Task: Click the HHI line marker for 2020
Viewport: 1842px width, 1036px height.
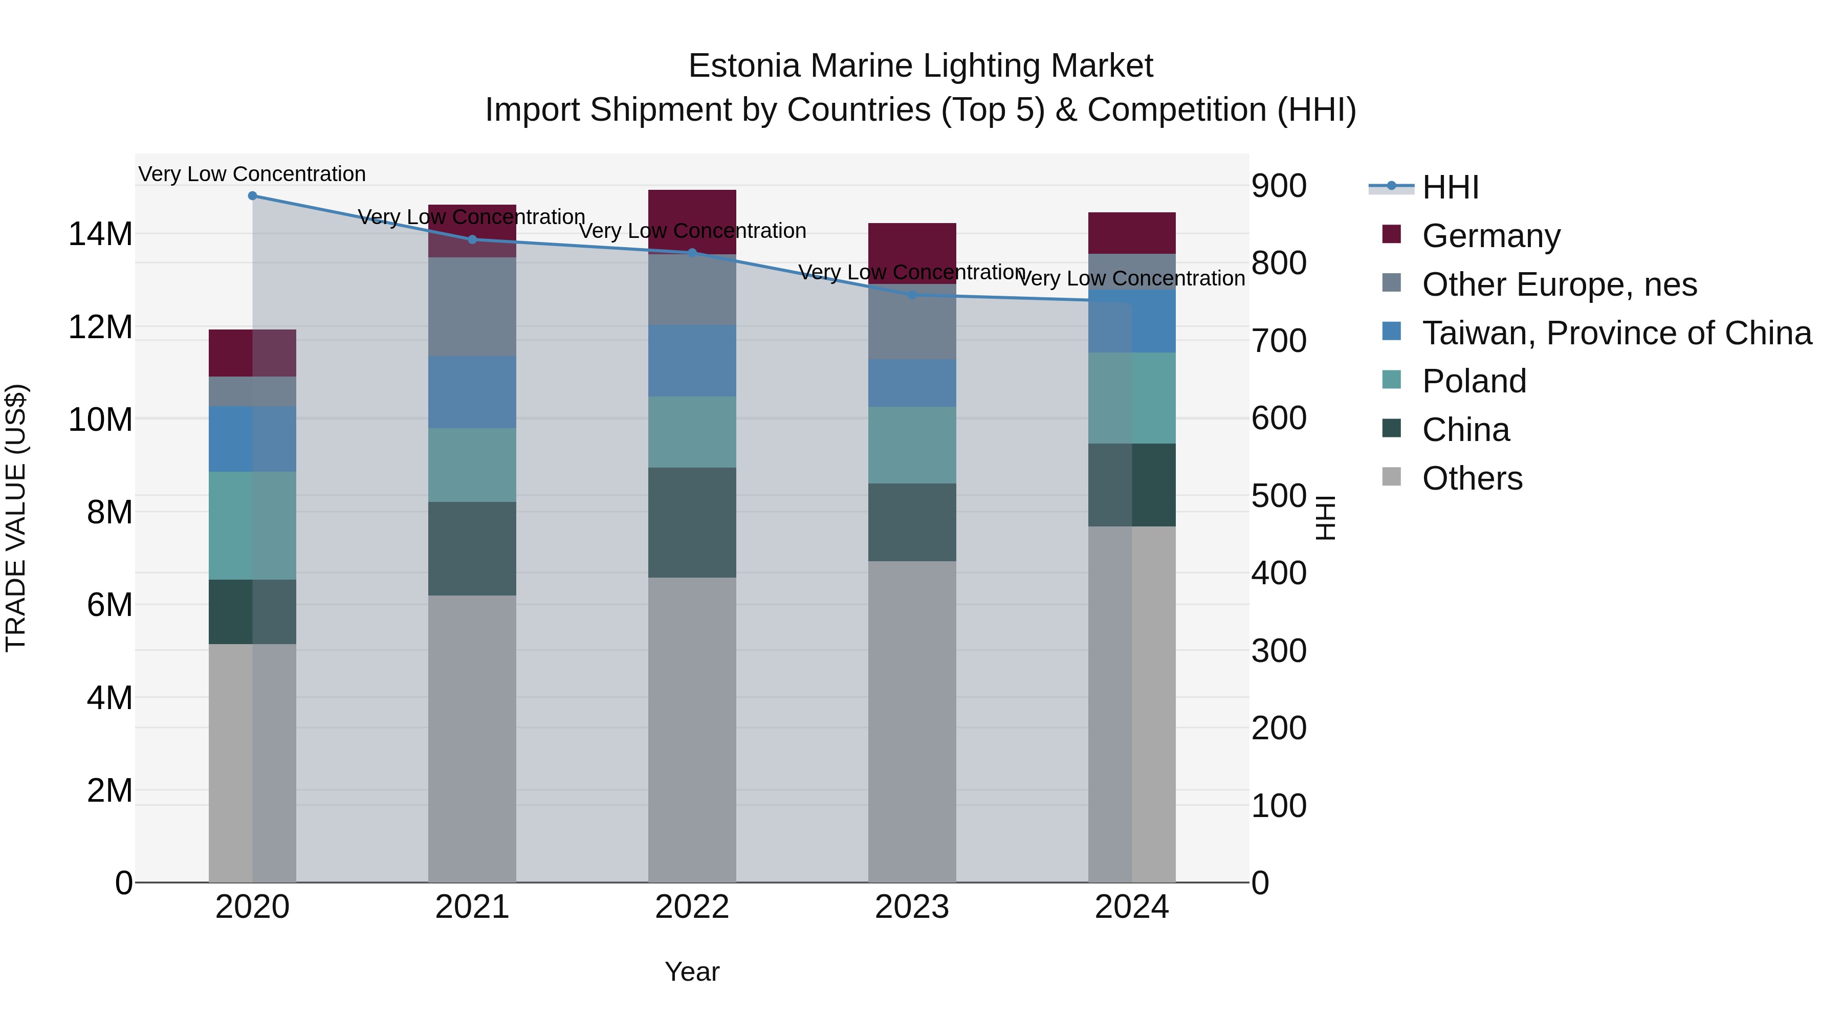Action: (252, 196)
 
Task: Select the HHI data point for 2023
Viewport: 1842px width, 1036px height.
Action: (912, 295)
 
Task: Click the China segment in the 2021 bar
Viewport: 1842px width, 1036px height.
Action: (472, 548)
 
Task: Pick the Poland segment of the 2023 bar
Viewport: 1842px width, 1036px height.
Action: (912, 445)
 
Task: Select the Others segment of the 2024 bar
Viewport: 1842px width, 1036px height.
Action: (1131, 704)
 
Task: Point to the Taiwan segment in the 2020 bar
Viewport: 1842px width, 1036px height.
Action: (252, 438)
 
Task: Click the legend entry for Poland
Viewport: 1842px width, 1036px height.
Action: (1474, 381)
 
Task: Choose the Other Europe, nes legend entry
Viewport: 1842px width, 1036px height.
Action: (1559, 284)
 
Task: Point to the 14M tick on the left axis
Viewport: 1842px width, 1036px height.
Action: (100, 234)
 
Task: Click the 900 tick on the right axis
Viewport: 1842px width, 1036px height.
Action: (1279, 186)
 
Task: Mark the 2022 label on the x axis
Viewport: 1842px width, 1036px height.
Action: (691, 907)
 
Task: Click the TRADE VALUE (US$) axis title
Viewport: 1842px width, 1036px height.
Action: (16, 518)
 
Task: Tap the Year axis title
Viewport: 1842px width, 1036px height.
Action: (691, 972)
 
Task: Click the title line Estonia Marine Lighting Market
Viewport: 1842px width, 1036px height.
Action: (920, 66)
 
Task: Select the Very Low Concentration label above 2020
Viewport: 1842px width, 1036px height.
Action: (252, 174)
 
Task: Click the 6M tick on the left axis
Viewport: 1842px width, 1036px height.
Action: (108, 605)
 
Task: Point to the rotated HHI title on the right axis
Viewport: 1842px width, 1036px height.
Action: (1325, 518)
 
